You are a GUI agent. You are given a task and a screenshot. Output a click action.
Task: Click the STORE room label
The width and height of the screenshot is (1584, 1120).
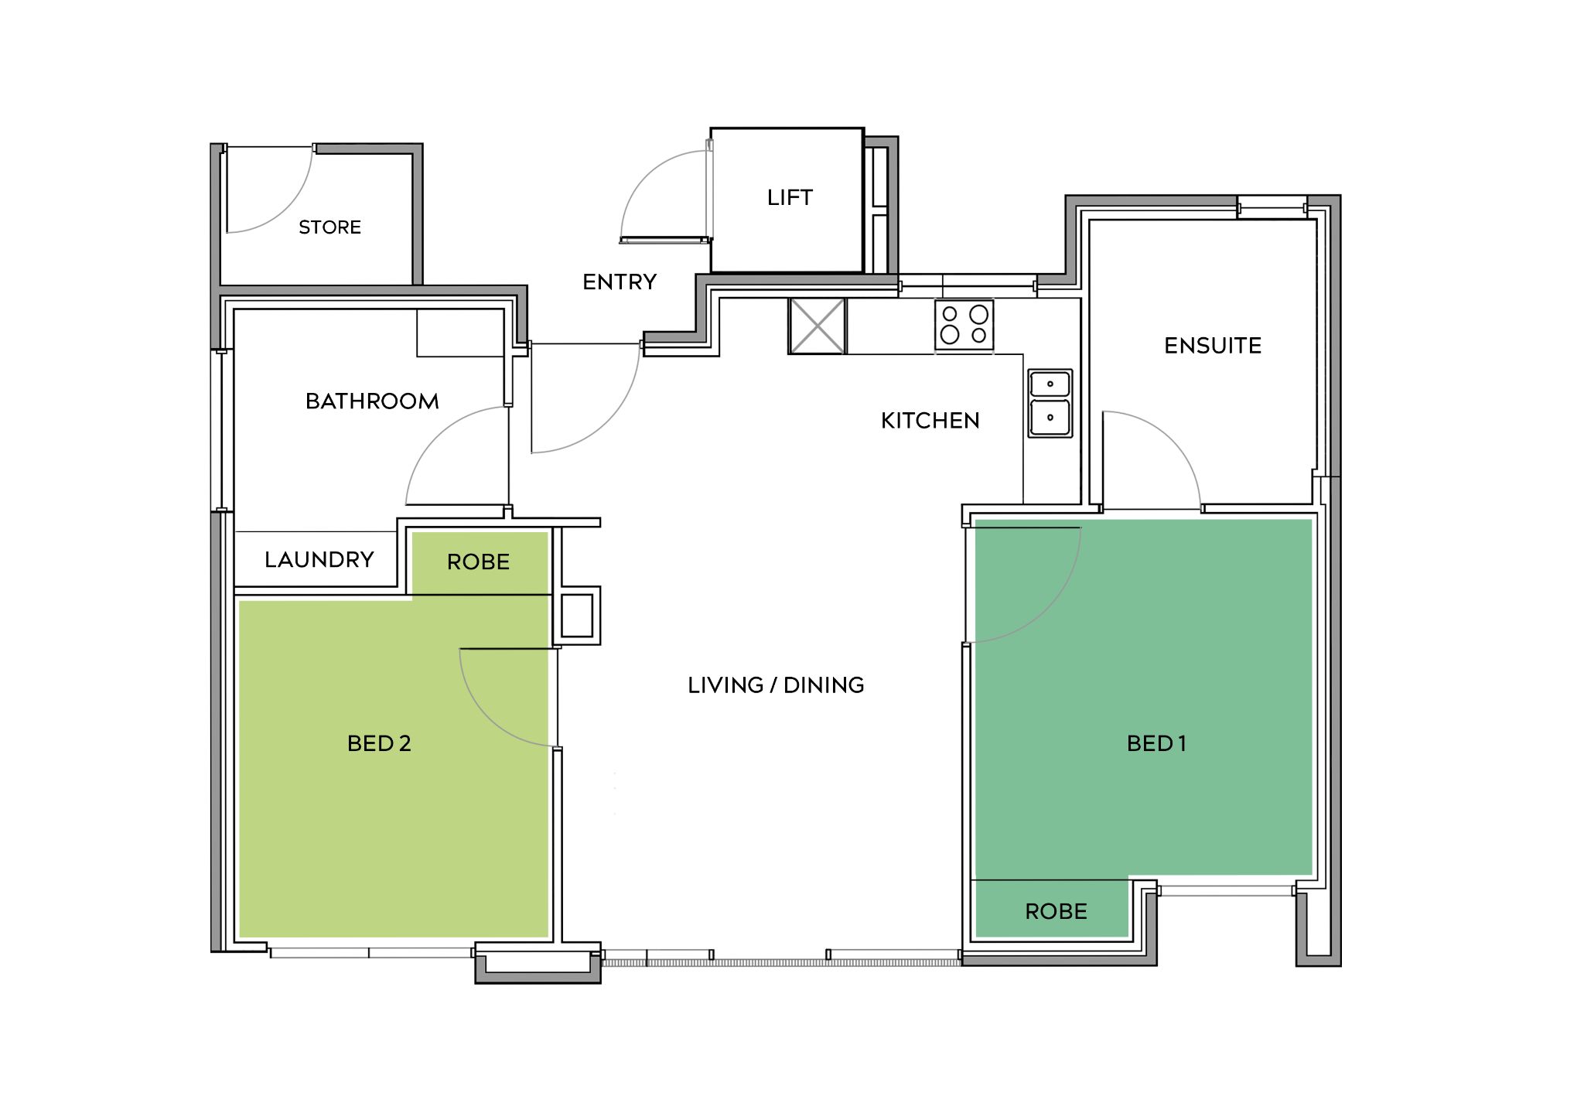(x=329, y=227)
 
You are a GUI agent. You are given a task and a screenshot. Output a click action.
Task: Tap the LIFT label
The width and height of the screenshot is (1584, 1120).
(x=790, y=198)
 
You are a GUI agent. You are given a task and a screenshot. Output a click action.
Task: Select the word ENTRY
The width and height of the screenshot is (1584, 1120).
(x=620, y=282)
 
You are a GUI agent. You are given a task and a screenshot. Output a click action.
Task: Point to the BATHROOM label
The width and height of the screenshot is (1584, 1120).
(x=372, y=401)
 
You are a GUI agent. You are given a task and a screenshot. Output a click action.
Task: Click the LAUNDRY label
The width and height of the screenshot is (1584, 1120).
(x=319, y=560)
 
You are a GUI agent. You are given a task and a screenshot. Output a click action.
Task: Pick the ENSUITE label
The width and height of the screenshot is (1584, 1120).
(x=1213, y=346)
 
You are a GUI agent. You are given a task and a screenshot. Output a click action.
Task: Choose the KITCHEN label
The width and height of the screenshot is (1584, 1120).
(x=930, y=421)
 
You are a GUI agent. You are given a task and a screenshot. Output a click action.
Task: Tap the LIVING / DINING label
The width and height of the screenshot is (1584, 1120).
(x=776, y=685)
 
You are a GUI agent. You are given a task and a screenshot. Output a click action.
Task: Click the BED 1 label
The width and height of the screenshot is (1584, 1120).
(x=1156, y=744)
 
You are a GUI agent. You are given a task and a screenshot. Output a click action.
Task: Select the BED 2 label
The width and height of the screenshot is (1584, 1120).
(x=379, y=744)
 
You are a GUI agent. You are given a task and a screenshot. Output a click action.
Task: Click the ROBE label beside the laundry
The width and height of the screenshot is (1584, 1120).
(x=478, y=562)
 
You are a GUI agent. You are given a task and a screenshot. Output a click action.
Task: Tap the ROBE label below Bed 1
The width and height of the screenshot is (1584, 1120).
(x=1057, y=912)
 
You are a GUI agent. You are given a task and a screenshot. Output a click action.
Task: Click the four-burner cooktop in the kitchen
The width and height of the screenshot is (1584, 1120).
(x=964, y=325)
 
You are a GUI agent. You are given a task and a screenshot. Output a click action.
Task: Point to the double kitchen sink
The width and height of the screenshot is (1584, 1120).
(x=1050, y=404)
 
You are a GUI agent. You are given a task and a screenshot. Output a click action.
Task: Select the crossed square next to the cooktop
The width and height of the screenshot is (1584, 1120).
(x=818, y=326)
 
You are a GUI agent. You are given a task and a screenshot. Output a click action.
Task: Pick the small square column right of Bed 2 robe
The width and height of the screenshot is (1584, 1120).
(x=577, y=616)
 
